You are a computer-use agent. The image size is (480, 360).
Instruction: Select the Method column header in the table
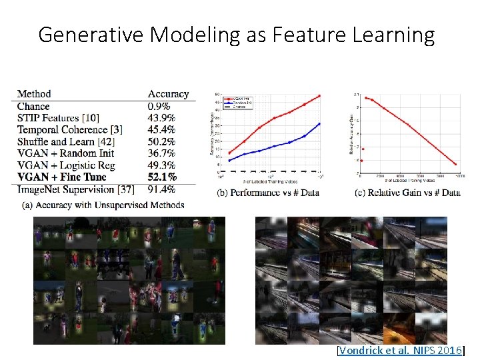click(34, 94)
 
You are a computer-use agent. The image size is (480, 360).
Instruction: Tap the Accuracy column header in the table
click(168, 94)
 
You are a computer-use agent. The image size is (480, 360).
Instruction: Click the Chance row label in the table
click(33, 106)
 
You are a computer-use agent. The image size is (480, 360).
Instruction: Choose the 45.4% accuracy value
click(162, 129)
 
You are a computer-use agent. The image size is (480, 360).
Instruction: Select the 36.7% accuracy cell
click(162, 153)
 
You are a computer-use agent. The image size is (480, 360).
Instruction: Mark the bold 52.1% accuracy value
click(162, 177)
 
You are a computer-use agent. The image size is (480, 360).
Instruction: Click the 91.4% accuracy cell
click(162, 189)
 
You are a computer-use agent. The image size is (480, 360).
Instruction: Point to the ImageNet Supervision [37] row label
click(67, 189)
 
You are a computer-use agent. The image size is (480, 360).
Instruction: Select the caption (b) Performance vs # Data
click(268, 193)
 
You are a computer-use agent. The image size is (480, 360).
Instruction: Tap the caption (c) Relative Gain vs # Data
click(407, 193)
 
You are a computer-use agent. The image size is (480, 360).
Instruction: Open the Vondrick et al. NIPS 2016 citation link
click(401, 349)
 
